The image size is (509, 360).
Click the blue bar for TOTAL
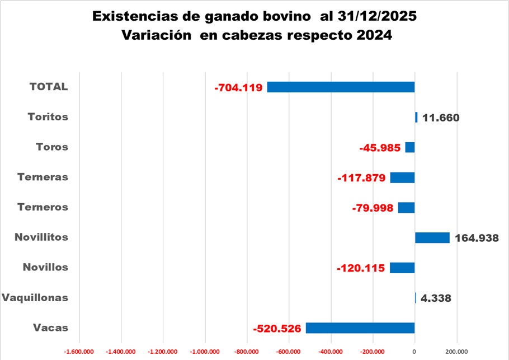341,87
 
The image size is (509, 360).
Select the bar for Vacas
360,328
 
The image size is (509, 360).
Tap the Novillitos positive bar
432,237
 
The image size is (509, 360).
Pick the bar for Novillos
402,268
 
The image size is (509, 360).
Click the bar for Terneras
402,177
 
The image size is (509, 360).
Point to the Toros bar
410,147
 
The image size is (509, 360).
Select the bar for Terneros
406,208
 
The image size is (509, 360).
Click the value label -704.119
238,88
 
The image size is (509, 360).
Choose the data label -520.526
277,329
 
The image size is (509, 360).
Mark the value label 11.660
441,118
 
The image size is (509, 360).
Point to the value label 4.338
436,298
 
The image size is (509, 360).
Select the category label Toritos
48,117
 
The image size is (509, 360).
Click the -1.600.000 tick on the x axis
79,352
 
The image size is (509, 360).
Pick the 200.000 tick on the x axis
456,352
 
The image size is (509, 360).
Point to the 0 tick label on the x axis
414,352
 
